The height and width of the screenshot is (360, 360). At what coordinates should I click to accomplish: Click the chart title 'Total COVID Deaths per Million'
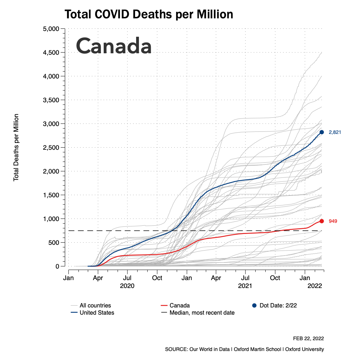pyautogui.click(x=149, y=14)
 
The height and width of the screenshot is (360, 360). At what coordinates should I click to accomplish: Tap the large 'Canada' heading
pyautogui.click(x=113, y=46)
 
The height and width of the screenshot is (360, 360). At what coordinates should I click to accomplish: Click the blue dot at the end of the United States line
pyautogui.click(x=322, y=132)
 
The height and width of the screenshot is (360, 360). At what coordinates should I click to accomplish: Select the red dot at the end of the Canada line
pyautogui.click(x=322, y=221)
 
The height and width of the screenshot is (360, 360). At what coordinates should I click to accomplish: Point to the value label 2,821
pyautogui.click(x=335, y=132)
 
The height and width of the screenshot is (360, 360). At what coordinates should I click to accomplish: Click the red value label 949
pyautogui.click(x=333, y=221)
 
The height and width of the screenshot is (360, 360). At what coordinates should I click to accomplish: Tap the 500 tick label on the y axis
pyautogui.click(x=54, y=243)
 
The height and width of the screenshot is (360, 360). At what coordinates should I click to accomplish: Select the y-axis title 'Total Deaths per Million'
pyautogui.click(x=16, y=148)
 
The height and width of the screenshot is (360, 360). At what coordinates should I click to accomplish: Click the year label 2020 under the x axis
pyautogui.click(x=127, y=286)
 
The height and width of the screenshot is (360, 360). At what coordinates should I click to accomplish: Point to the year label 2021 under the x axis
pyautogui.click(x=245, y=286)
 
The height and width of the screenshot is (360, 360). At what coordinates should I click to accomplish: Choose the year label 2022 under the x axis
pyautogui.click(x=314, y=286)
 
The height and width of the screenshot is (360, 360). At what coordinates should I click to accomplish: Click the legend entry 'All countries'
pyautogui.click(x=95, y=306)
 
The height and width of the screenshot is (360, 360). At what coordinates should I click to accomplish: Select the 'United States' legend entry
pyautogui.click(x=96, y=313)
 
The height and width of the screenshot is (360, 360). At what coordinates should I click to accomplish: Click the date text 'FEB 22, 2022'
pyautogui.click(x=309, y=339)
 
